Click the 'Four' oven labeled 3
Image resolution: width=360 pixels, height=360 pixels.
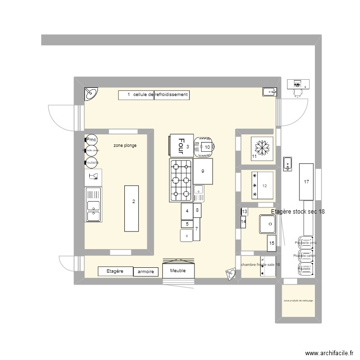pos(181,145)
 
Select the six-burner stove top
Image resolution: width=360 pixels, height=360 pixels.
pos(180,180)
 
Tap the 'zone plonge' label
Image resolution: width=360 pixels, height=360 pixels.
pos(125,145)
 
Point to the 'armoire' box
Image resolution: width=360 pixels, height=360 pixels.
pos(145,272)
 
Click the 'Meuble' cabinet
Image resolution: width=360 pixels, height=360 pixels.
pos(179,271)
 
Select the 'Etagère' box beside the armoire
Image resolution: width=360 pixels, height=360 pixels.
pos(115,271)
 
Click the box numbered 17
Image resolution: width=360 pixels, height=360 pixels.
pos(306,182)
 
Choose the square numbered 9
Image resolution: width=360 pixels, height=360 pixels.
pos(203,171)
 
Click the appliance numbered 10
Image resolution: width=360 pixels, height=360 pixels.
pos(205,147)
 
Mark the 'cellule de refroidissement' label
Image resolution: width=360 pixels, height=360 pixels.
pos(154,95)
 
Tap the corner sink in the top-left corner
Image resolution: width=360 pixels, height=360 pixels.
pos(91,94)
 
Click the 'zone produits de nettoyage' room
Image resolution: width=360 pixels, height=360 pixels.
pos(298,300)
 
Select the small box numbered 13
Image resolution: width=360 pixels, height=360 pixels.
pos(244,212)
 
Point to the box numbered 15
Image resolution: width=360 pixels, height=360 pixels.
pos(271,243)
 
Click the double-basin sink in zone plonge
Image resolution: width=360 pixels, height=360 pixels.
pos(93,205)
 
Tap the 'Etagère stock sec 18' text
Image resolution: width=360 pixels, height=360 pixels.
pos(298,212)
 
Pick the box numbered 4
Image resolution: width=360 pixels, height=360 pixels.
pos(187,211)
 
